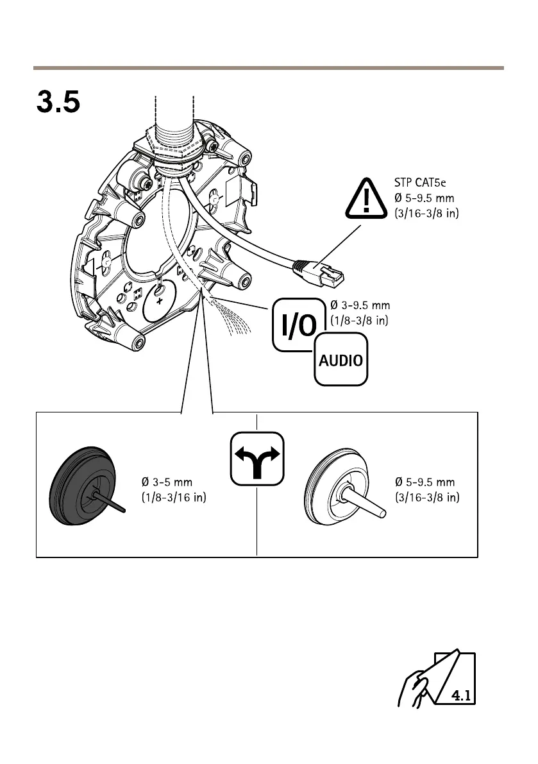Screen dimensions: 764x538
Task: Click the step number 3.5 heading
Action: [58, 102]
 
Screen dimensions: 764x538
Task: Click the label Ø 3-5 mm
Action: [167, 482]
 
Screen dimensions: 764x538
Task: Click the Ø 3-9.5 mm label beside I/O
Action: [360, 305]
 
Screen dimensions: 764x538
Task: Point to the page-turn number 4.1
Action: [460, 694]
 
